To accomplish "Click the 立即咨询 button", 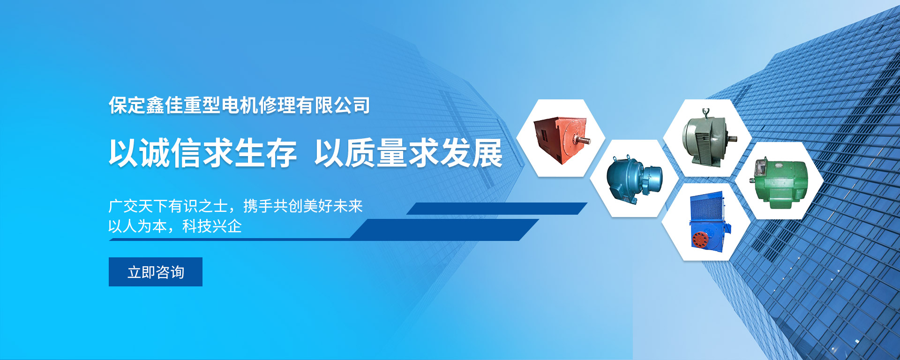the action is (156, 272).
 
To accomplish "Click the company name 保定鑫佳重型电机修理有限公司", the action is (240, 105).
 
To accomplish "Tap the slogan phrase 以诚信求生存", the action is (203, 153).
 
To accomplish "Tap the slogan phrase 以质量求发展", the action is (408, 153).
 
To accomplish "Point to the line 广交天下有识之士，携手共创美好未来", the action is (235, 206).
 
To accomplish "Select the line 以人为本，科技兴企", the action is (175, 226).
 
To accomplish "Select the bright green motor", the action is (780, 183).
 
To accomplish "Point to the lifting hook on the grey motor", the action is (705, 112).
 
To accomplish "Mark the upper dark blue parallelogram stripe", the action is (497, 209).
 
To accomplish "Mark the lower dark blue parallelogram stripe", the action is (323, 230).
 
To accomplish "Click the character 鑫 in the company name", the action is (155, 105).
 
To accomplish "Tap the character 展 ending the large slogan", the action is (487, 153).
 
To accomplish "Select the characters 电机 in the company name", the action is (240, 105).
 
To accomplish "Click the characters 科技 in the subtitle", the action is (197, 226).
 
